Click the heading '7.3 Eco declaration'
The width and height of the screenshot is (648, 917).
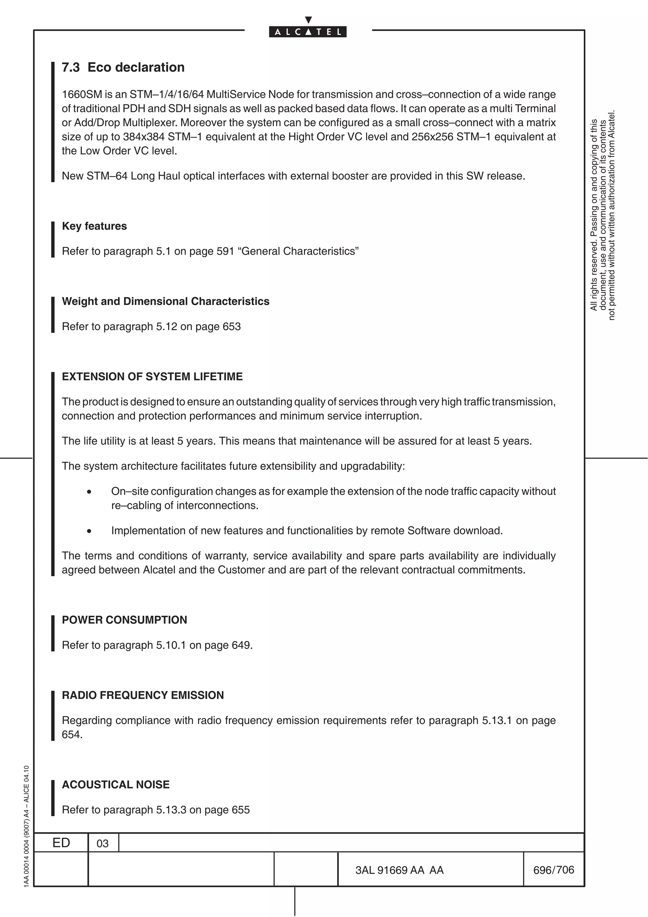click(x=123, y=67)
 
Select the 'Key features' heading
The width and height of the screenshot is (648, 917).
click(x=94, y=226)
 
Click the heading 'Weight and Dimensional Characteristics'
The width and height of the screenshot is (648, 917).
click(x=165, y=301)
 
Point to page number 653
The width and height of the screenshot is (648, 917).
click(x=232, y=327)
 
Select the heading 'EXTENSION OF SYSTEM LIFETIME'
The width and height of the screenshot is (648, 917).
click(x=152, y=377)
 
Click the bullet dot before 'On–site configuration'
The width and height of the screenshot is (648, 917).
click(x=89, y=492)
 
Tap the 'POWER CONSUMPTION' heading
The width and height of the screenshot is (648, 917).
click(x=124, y=620)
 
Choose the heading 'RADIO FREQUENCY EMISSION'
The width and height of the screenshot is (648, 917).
click(x=142, y=695)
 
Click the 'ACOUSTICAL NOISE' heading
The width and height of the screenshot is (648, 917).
click(x=115, y=785)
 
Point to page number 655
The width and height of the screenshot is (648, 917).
click(x=240, y=810)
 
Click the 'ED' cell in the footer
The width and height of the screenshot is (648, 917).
click(x=61, y=843)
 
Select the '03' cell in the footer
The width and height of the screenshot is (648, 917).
click(x=103, y=844)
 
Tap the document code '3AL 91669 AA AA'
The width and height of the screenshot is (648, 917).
click(x=399, y=870)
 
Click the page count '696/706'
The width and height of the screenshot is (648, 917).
click(x=553, y=870)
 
